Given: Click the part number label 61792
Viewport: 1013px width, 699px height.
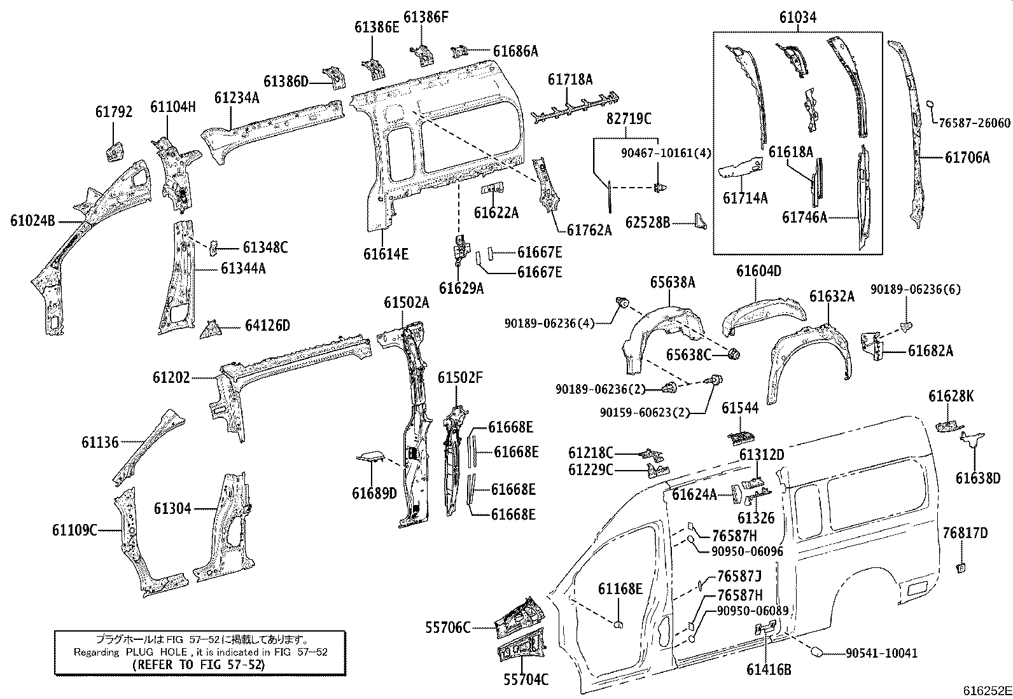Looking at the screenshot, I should pos(114,112).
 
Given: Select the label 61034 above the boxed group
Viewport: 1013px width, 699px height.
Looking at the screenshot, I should pos(797,18).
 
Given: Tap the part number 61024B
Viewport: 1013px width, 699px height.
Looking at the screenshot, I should pos(32,221).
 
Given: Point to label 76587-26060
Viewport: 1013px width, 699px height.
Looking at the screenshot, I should pos(974,123).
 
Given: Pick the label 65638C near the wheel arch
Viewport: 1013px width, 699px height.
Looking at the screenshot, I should pos(688,354).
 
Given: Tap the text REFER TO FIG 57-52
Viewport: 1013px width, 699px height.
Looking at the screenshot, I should pos(200,665).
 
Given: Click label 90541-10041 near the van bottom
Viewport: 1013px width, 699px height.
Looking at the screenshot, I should pos(881,653).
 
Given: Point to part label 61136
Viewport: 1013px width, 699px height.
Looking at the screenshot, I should pos(100,442).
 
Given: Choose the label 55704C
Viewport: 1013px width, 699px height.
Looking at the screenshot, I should pos(526,680).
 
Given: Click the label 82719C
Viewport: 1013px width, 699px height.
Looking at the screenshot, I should pos(629,118).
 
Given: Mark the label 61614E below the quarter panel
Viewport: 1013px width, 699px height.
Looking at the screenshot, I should pos(386,254).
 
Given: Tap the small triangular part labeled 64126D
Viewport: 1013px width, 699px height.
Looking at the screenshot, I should pos(210,330).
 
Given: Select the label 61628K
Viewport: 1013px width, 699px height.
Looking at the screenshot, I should pos(951,396).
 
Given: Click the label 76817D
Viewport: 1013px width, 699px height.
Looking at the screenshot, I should pos(965,533).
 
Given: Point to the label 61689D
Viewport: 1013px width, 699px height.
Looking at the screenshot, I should pos(374,494).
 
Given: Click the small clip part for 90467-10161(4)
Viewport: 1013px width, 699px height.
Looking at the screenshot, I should pos(659,187).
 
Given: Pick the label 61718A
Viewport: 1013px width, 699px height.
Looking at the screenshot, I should pos(570,80).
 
